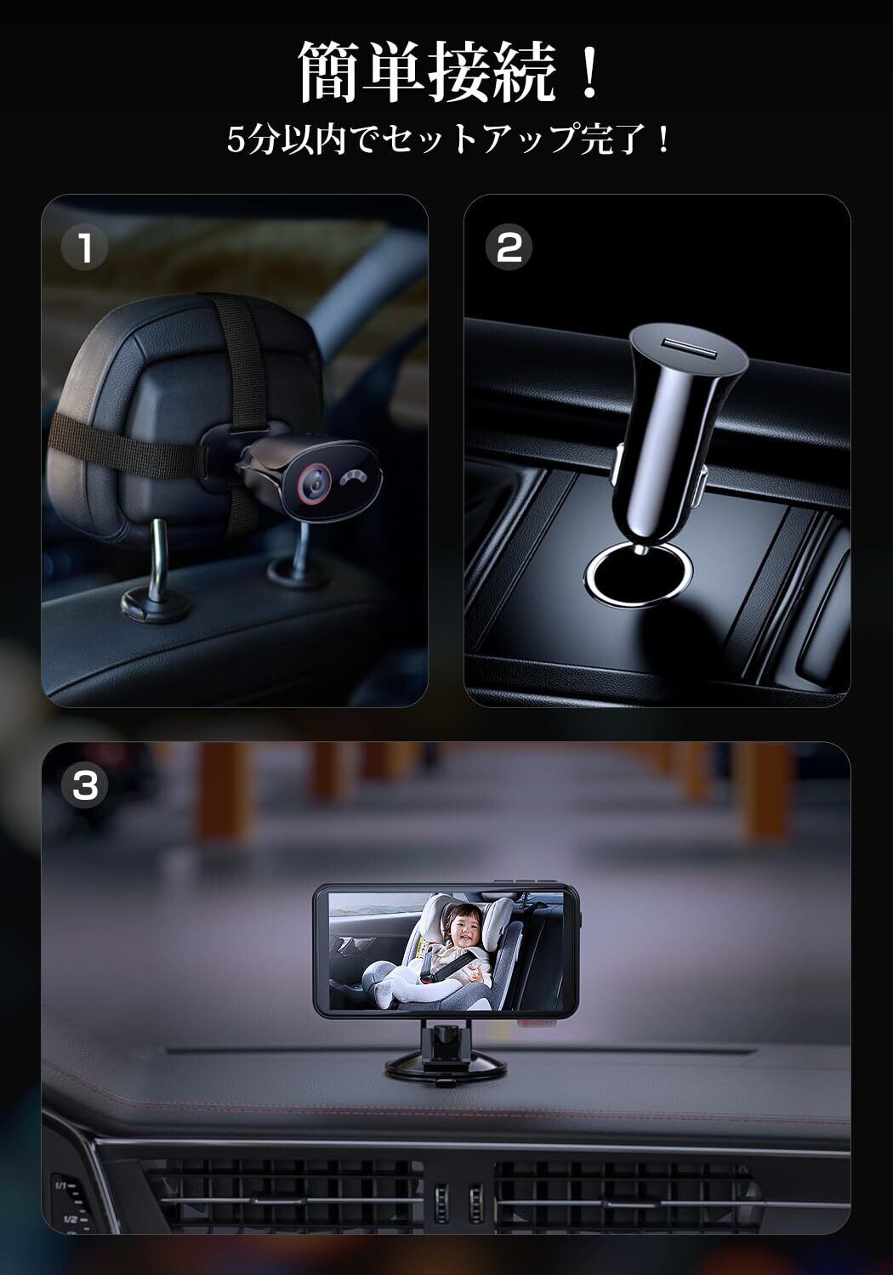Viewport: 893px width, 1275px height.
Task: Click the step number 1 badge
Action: pos(84,247)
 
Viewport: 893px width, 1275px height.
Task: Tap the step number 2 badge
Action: pos(509,247)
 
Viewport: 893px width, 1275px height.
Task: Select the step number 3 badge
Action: pos(85,785)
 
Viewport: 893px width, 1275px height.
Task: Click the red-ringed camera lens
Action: pos(312,483)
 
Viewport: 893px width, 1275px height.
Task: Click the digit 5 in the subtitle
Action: pos(236,140)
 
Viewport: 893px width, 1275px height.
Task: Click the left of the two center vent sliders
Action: pos(441,1204)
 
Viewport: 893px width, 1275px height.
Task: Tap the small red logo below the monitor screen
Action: pos(537,1023)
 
